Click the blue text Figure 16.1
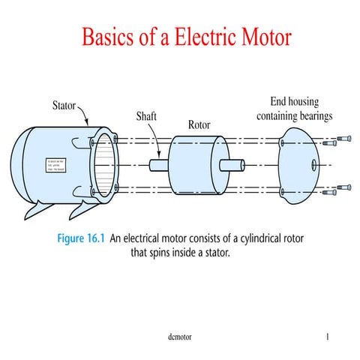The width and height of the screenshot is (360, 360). [82, 239]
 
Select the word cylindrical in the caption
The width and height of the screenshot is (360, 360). [253, 239]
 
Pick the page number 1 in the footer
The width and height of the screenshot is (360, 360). [328, 337]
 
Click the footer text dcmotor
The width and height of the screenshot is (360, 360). [180, 337]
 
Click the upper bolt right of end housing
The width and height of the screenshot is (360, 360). [343, 140]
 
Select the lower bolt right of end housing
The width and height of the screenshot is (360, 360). [343, 187]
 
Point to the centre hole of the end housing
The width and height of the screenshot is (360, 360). [312, 163]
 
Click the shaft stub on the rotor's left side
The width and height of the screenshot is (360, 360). [159, 164]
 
